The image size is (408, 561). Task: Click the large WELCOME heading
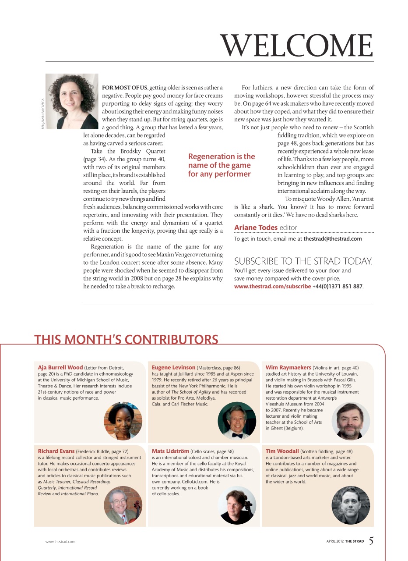[297, 45]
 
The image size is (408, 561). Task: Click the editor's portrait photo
[72, 101]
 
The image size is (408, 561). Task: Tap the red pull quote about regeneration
[221, 165]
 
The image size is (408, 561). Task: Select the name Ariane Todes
[256, 227]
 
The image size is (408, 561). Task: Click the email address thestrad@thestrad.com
[333, 239]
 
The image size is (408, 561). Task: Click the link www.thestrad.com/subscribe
[272, 287]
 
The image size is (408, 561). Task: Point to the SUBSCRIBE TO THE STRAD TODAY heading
[303, 262]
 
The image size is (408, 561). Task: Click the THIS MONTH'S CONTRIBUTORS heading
[126, 340]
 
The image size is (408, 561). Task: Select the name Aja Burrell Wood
[60, 368]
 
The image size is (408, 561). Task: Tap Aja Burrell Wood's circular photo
[123, 421]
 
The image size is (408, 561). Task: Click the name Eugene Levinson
[173, 368]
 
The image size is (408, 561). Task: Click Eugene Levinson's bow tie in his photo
[237, 435]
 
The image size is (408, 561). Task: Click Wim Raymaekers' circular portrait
[351, 421]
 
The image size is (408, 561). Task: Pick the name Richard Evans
[56, 451]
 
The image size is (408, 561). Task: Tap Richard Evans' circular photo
[123, 505]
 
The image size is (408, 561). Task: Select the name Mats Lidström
[171, 451]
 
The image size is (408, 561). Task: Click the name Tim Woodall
[282, 451]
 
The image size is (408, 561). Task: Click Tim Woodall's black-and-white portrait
[351, 505]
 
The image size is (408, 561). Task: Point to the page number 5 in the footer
[371, 541]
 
